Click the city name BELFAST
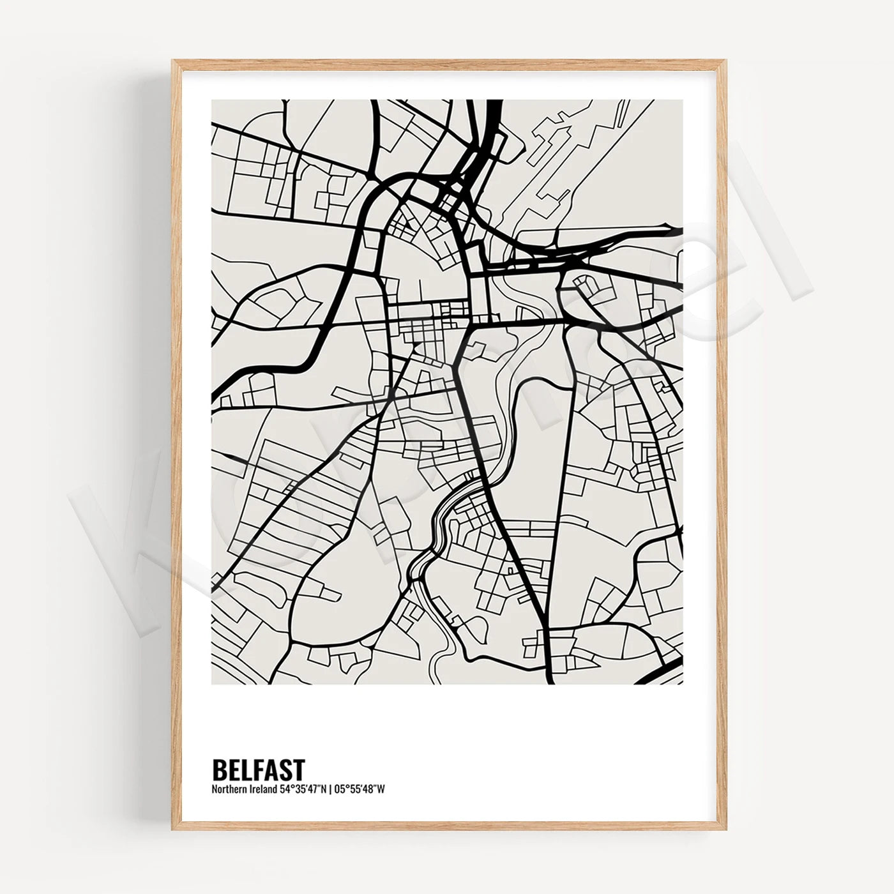point(258,770)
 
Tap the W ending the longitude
point(381,789)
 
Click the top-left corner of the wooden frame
point(173,61)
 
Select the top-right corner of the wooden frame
point(725,61)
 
